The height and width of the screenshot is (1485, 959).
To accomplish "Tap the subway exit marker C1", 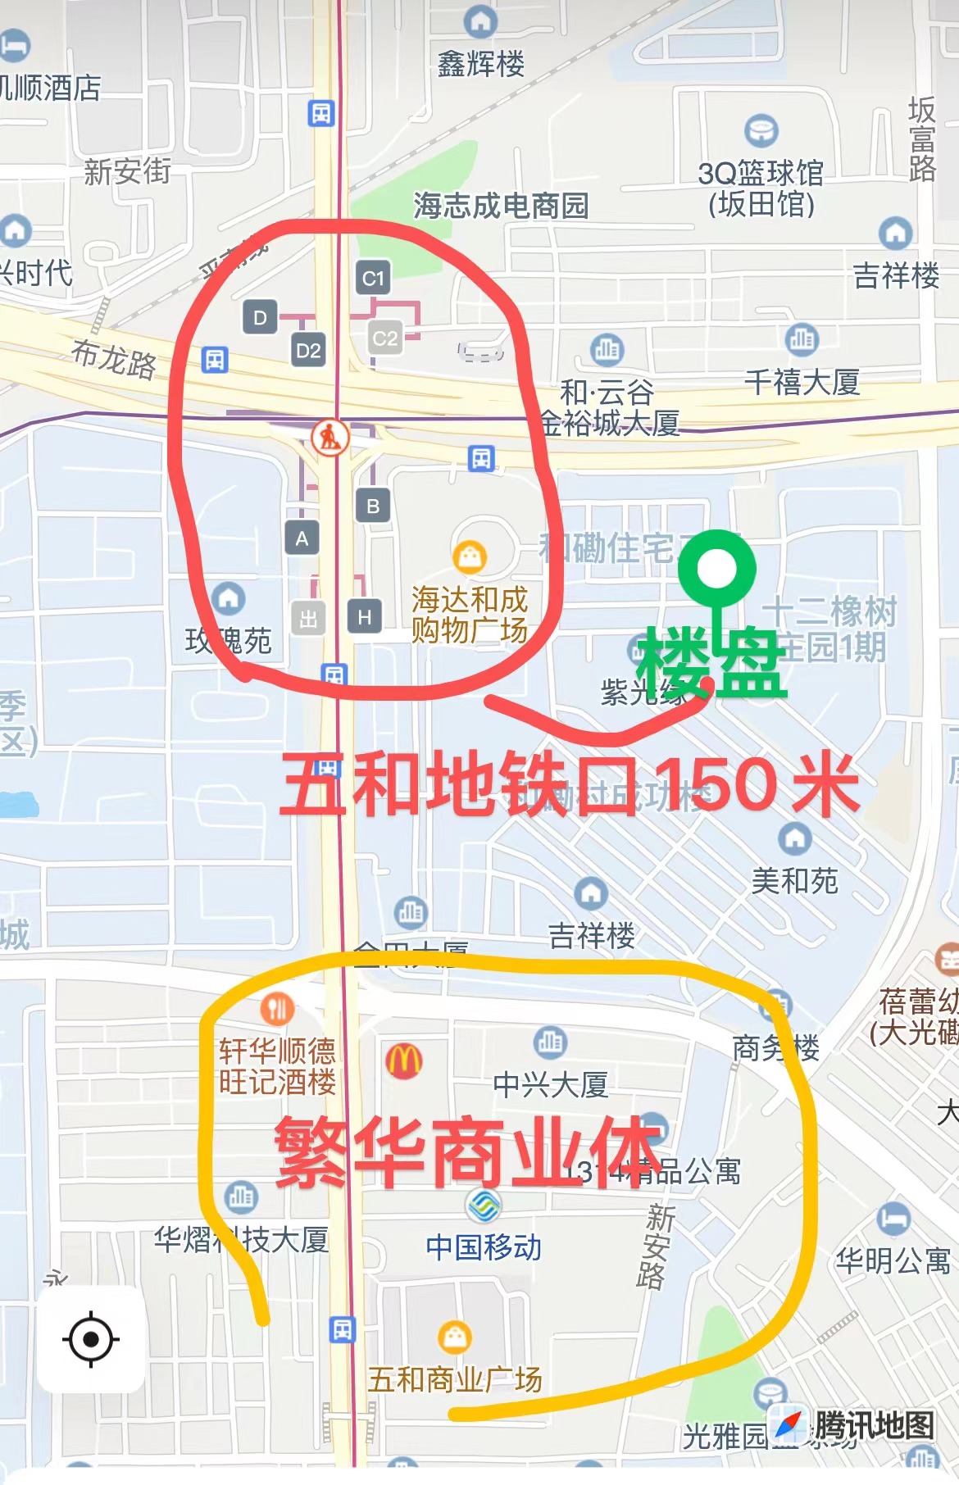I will coord(373,279).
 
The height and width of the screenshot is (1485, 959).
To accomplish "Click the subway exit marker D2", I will coord(308,351).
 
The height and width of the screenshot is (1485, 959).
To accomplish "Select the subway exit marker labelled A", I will coord(302,538).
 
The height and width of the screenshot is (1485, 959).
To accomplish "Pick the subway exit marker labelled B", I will coord(373,506).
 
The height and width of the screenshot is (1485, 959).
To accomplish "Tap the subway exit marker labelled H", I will coord(365,616).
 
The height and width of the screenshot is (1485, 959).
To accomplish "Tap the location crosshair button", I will coord(91,1339).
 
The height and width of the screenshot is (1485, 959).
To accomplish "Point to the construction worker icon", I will coord(330,437).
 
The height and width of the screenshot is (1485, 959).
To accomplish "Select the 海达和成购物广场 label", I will coord(470,615).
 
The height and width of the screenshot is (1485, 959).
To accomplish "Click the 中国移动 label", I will coord(484,1247).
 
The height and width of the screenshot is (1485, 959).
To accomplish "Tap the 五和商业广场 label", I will coord(455,1380).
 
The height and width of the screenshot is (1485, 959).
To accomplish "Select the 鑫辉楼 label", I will coord(481,63).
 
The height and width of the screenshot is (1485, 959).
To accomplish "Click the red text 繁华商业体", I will coord(467,1152).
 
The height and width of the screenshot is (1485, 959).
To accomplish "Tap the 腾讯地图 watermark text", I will coord(874,1425).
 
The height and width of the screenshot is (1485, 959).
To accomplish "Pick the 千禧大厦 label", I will coord(802,382).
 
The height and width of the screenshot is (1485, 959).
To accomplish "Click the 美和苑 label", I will coord(794,881).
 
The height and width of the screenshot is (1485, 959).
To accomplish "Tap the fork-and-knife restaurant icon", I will coord(278,1009).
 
